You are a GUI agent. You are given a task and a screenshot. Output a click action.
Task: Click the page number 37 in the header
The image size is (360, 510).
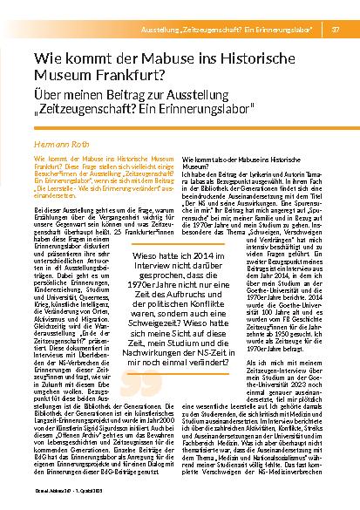(x=336, y=8)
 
